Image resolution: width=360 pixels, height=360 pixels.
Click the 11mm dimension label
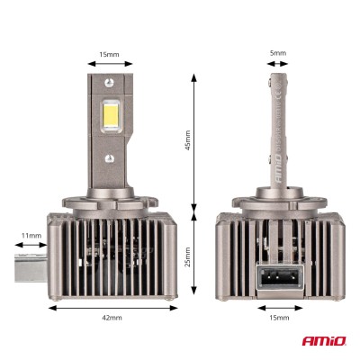32,236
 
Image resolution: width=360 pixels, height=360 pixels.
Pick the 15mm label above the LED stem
110,54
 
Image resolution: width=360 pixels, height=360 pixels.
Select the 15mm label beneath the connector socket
279,318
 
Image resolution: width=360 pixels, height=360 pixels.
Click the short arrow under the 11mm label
32,246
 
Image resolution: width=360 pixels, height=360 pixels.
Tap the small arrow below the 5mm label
279,65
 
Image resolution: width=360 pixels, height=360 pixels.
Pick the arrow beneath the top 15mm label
110,65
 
